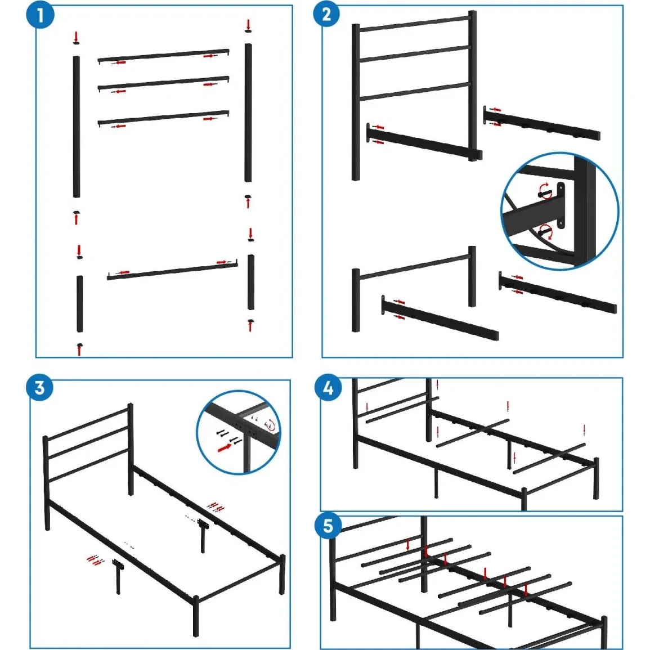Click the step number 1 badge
(x=40, y=15)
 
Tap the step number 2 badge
(x=326, y=14)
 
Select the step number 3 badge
(x=40, y=388)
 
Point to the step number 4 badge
(x=328, y=388)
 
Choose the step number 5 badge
(x=328, y=526)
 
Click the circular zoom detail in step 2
(x=559, y=211)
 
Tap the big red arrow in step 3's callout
(x=225, y=447)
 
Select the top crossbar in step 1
(x=163, y=56)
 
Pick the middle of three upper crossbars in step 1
(x=163, y=83)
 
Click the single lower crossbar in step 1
(x=172, y=270)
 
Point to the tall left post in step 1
(x=77, y=127)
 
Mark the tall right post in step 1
(x=248, y=113)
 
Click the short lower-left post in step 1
(x=79, y=304)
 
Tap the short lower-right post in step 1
(x=251, y=283)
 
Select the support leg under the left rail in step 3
(x=118, y=577)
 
